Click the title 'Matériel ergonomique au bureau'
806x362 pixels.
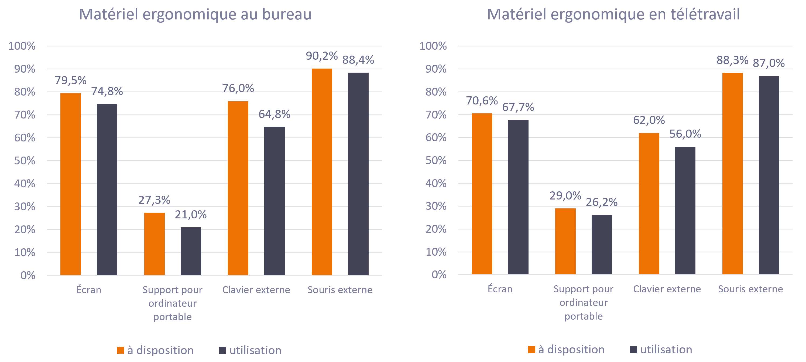pos(195,15)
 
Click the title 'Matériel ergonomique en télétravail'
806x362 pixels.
pos(613,15)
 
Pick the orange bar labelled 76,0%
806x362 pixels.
pos(238,188)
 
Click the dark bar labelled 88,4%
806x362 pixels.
pos(358,174)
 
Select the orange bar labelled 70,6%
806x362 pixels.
pos(482,194)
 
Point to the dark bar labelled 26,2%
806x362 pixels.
pos(602,245)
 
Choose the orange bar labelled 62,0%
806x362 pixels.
pos(649,204)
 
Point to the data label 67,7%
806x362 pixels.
pos(518,107)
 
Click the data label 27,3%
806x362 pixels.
pos(154,200)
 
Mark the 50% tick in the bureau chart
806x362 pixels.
pos(25,161)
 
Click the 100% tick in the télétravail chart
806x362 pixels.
pos(433,46)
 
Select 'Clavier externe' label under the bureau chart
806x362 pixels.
pos(256,290)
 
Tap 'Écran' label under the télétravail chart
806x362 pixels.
pos(500,289)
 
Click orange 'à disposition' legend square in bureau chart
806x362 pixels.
pos(121,350)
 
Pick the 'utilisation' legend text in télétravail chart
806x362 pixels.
pos(666,350)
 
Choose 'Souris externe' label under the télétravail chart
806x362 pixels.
pos(750,289)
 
